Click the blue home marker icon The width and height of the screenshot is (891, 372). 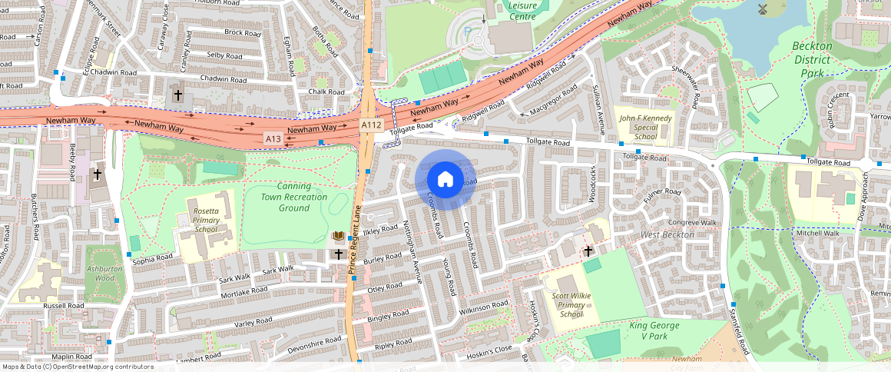tap(445, 180)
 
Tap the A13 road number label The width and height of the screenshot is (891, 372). tap(273, 138)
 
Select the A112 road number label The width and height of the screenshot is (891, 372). tap(372, 125)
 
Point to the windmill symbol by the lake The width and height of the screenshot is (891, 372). tap(763, 9)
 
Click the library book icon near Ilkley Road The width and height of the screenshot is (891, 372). tap(337, 236)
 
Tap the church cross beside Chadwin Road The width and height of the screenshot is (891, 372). tap(178, 95)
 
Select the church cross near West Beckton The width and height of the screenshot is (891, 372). tap(589, 251)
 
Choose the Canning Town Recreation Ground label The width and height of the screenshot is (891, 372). tap(293, 197)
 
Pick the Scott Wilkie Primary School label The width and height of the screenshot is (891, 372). tap(571, 304)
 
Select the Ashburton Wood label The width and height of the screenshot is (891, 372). tap(104, 274)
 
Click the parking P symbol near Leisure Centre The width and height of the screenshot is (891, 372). tap(468, 32)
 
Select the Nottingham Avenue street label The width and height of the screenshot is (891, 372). tap(413, 252)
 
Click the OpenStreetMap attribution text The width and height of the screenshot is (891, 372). tap(77, 367)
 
